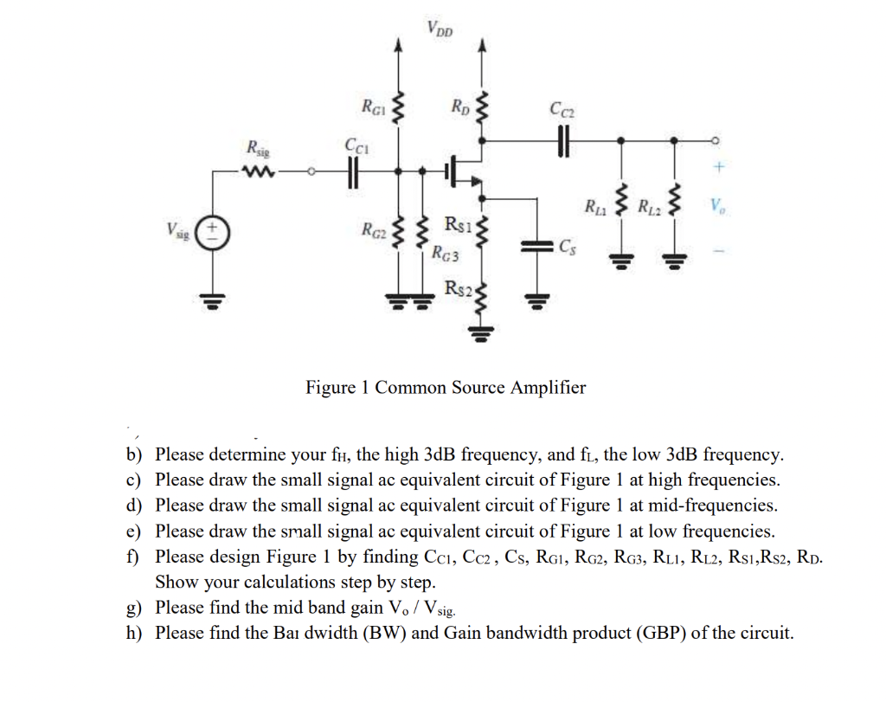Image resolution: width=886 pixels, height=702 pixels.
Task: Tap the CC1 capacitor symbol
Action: point(353,172)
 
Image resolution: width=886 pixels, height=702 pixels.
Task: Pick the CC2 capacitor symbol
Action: point(563,139)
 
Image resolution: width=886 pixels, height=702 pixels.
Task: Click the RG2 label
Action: point(373,230)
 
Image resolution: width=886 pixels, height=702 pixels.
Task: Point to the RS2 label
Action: point(458,288)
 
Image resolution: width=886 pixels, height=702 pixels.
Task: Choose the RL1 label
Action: point(595,207)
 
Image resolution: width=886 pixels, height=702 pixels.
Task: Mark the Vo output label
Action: point(716,207)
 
